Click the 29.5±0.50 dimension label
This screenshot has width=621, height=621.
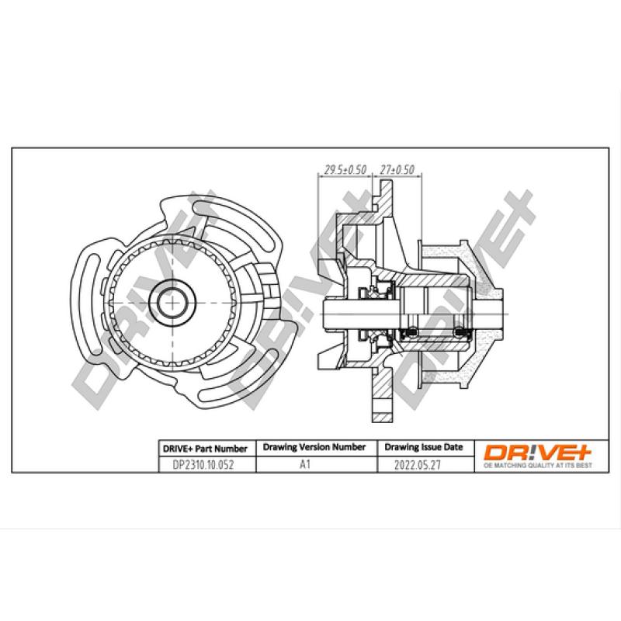[344, 169]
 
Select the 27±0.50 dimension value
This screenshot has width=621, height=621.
[398, 169]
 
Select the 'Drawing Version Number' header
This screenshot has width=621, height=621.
[314, 448]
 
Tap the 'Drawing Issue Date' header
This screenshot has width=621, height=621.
[424, 448]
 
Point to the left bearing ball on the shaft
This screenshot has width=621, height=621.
[413, 333]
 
